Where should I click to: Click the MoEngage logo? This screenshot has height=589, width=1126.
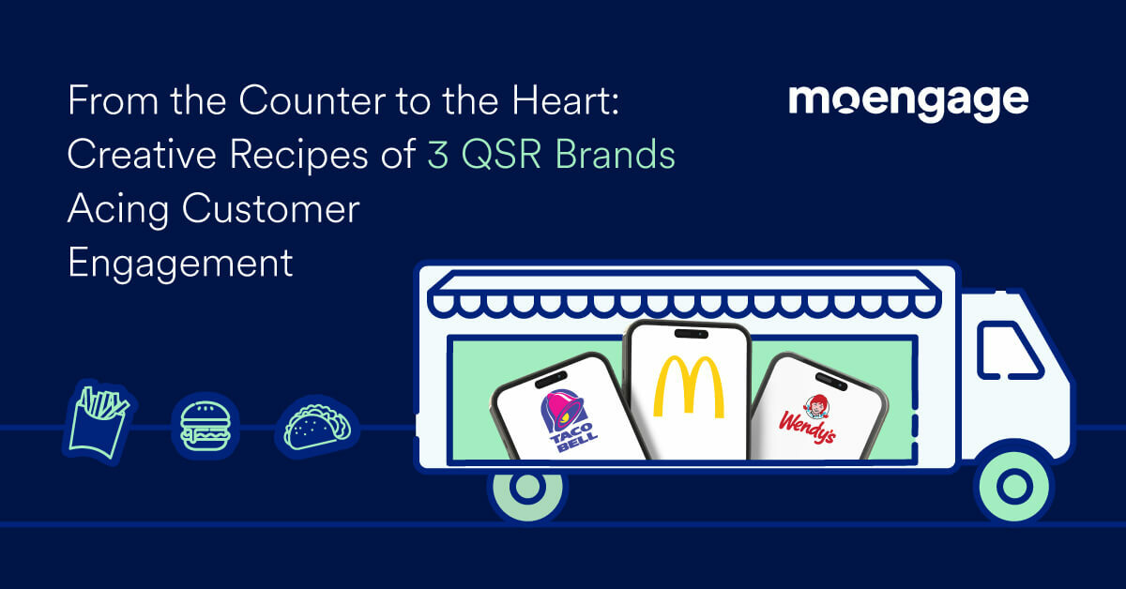(907, 101)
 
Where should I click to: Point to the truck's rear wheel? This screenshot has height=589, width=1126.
(527, 488)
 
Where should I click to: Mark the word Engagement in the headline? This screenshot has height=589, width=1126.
(180, 264)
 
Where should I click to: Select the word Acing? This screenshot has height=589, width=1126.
(117, 210)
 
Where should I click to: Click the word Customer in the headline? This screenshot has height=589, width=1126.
(271, 209)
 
